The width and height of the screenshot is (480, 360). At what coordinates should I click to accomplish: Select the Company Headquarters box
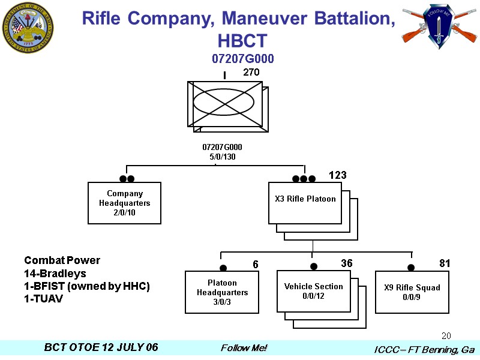pyautogui.click(x=124, y=203)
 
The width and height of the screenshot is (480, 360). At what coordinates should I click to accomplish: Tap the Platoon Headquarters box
pyautogui.click(x=222, y=292)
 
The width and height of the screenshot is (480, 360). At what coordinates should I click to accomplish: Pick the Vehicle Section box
pyautogui.click(x=313, y=291)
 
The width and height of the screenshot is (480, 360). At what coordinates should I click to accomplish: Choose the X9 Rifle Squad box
pyautogui.click(x=412, y=292)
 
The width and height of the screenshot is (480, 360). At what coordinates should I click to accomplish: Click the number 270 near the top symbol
pyautogui.click(x=251, y=72)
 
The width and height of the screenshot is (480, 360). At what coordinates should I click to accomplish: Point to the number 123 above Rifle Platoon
pyautogui.click(x=338, y=175)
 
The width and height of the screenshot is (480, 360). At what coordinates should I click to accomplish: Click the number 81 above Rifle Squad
pyautogui.click(x=445, y=263)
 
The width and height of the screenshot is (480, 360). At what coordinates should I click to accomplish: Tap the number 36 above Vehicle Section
pyautogui.click(x=347, y=263)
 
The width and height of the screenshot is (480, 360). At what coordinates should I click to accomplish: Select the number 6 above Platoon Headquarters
pyautogui.click(x=255, y=264)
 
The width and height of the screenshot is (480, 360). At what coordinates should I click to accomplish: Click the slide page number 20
pyautogui.click(x=446, y=335)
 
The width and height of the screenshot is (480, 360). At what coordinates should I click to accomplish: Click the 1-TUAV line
pyautogui.click(x=43, y=299)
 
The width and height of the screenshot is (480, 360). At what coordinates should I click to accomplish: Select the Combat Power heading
pyautogui.click(x=62, y=260)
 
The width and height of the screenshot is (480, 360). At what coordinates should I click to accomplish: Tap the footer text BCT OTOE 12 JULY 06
pyautogui.click(x=101, y=348)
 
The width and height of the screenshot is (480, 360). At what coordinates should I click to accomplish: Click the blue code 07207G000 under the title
pyautogui.click(x=243, y=59)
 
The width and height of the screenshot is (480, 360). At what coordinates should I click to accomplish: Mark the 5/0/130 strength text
pyautogui.click(x=222, y=157)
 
